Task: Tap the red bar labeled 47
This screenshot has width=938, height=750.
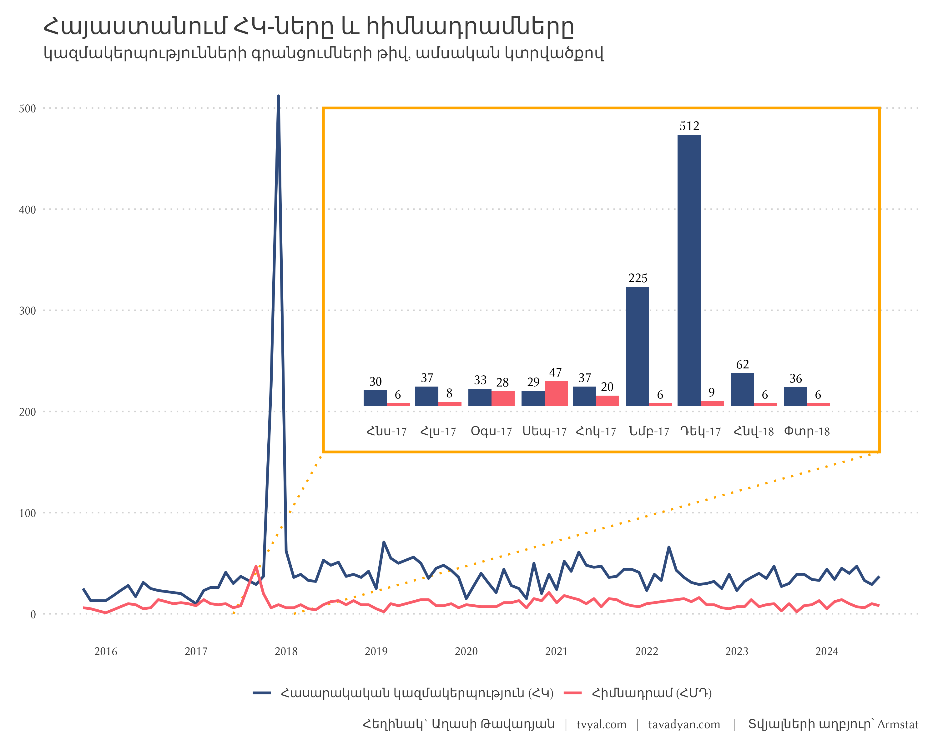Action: point(556,393)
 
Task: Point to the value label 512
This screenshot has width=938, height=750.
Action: point(689,126)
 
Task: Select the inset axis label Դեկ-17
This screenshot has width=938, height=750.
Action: point(700,432)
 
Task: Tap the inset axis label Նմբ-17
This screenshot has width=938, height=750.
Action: point(649,432)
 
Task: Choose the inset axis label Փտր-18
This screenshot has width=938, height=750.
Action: point(807,432)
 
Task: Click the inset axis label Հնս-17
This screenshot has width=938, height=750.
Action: point(386,432)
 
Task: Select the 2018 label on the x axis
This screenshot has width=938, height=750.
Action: point(286,651)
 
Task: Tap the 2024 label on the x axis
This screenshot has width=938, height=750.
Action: point(827,651)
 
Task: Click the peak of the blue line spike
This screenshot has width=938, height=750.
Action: point(279,97)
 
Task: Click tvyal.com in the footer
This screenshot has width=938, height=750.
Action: point(601,725)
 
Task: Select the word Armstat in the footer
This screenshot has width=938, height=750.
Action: point(898,725)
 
